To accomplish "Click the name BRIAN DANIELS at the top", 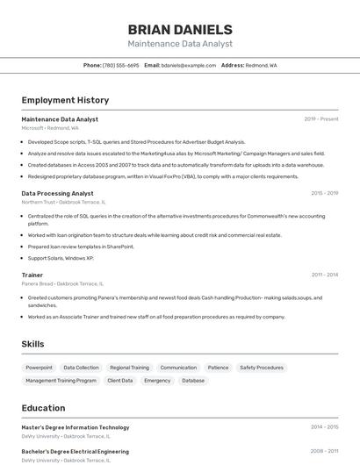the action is pos(180,29).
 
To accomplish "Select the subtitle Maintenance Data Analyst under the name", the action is pos(180,44).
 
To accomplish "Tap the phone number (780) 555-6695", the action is pos(121,65).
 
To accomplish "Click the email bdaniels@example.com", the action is pos(188,65).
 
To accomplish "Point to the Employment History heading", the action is pos(65,100).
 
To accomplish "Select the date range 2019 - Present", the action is pos(321,119).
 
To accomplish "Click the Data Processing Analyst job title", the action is pos(57,193).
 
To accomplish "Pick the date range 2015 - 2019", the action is pos(324,193).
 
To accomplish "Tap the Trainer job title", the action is pos(32,275).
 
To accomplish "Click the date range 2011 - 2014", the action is pos(324,275).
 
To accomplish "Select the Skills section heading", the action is pos(32,344).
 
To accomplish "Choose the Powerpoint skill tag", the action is pos(39,368).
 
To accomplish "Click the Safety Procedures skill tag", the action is pos(262,368).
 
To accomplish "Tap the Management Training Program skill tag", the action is pos(61,381).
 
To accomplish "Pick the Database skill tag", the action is pos(193,381).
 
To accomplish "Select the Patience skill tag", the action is pos(219,368).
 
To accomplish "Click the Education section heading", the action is pos(44,408).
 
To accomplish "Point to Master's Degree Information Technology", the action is pos(76,427).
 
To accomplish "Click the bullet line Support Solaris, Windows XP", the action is pos(61,258).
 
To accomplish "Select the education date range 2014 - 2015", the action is pos(324,427).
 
